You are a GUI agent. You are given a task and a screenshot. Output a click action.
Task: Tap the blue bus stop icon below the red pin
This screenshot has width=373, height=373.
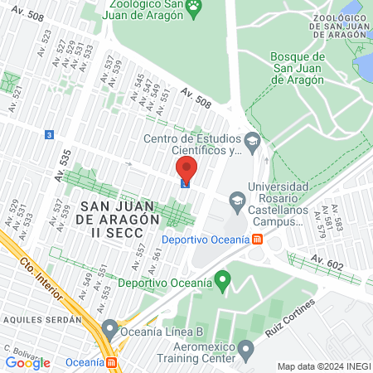click(x=186, y=186)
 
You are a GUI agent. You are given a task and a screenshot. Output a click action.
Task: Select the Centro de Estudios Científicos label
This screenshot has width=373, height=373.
click(x=197, y=144)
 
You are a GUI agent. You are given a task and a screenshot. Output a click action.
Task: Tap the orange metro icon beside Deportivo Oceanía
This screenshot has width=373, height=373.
click(x=258, y=240)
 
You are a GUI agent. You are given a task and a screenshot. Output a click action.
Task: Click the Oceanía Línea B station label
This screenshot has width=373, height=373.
click(x=162, y=330)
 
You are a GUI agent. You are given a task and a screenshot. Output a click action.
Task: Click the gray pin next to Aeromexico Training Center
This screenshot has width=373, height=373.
click(x=245, y=351)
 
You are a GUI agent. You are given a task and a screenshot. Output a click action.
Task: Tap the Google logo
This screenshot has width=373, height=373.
click(x=27, y=362)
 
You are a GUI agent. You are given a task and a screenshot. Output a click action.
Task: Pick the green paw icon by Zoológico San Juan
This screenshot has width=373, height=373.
click(x=193, y=8)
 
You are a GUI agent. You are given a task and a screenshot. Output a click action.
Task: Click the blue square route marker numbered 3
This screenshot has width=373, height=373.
click(x=51, y=134)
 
